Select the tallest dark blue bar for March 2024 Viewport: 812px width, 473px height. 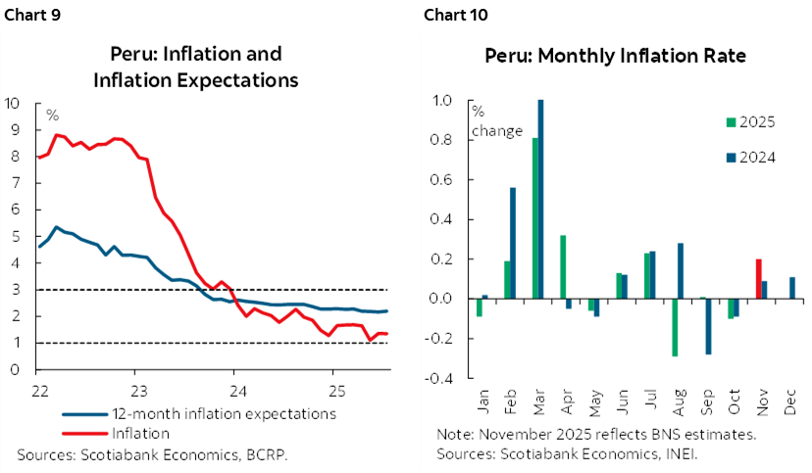tap(540, 199)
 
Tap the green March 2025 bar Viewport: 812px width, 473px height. tap(534, 218)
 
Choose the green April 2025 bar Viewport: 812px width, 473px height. tap(563, 266)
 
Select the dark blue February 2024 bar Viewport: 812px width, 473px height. tap(512, 243)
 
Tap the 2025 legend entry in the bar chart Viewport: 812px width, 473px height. tap(750, 122)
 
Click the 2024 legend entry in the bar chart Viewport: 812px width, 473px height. tap(750, 157)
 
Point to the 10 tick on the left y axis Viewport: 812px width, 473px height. tap(12, 102)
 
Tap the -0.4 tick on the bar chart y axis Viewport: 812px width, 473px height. tap(444, 378)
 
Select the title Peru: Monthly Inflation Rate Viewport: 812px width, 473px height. tap(615, 56)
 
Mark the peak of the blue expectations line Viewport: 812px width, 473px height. tap(58, 227)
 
